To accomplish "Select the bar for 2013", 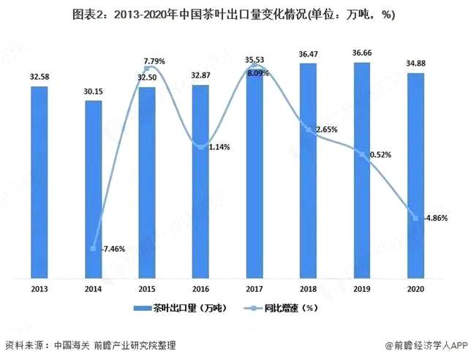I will pos(39,182).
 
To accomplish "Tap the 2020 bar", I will pos(415,176).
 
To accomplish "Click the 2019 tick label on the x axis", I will pos(361,288).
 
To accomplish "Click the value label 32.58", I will pos(39,77).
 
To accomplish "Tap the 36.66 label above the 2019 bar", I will pos(361,53).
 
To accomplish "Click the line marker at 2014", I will pos(94,249).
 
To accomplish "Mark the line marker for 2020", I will pos(415,218).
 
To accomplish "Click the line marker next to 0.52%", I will pos(361,154).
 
